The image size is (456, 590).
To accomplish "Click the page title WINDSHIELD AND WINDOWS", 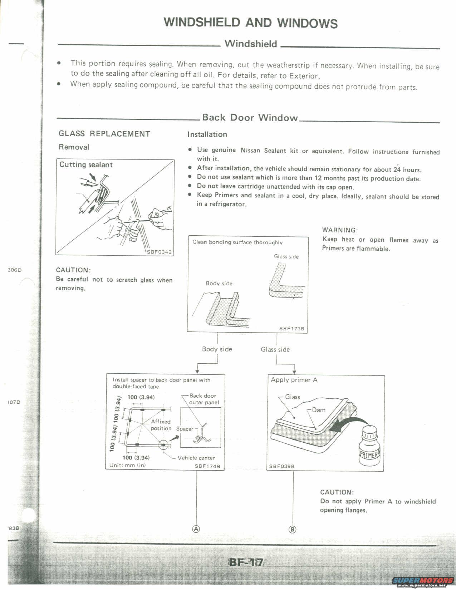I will coord(250,23).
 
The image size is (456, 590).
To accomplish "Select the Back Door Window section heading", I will coord(250,118).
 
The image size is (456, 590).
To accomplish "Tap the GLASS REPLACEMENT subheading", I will coord(104,134).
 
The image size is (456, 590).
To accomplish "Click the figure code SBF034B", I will coord(160,252).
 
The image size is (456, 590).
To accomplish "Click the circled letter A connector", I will coord(196,529).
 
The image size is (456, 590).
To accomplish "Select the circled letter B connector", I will coord(293,529).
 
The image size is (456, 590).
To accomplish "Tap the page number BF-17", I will coord(246,562).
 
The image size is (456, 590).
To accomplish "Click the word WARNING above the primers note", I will coord(340,230).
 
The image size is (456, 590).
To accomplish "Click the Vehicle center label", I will coord(196,458).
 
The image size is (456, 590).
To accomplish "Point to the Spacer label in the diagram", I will coord(185,429).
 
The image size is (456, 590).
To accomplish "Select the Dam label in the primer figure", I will coord(319,410).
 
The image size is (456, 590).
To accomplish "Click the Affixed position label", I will coord(161,425).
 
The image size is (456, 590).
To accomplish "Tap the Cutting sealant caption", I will coord(86,165).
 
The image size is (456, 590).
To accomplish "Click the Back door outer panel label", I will coord(204,399).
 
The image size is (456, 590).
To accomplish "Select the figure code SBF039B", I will coord(282,466).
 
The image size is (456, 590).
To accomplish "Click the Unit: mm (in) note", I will coord(130,466).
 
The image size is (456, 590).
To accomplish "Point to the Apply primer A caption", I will coord(294,380).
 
